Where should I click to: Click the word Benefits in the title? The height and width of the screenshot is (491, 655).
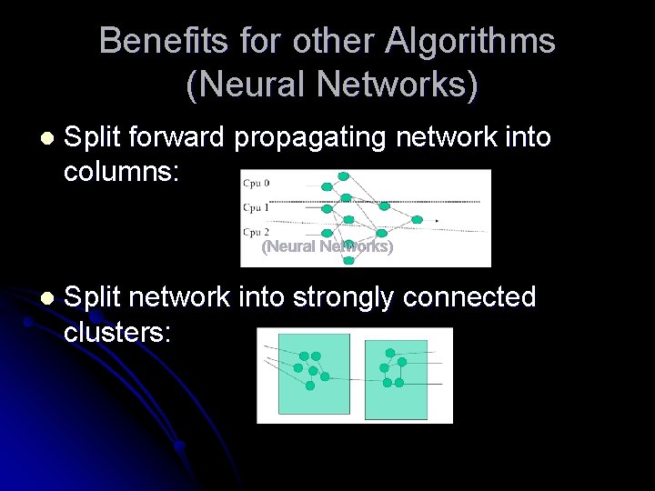pos(157,41)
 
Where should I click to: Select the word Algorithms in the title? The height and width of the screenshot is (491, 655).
pos(470,41)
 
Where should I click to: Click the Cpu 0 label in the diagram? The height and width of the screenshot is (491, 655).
pos(256,183)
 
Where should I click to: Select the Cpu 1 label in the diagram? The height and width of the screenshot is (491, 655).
pos(256,207)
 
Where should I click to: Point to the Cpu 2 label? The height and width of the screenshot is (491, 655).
pos(256,232)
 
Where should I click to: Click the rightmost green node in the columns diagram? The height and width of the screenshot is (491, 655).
pos(417,219)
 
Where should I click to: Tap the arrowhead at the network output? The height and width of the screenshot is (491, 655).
pos(437,220)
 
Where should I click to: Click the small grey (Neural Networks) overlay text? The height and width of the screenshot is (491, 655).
pos(327,246)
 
